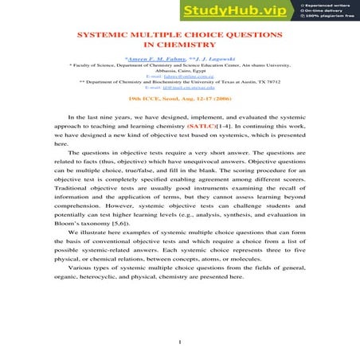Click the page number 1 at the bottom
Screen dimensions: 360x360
pos(181,343)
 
